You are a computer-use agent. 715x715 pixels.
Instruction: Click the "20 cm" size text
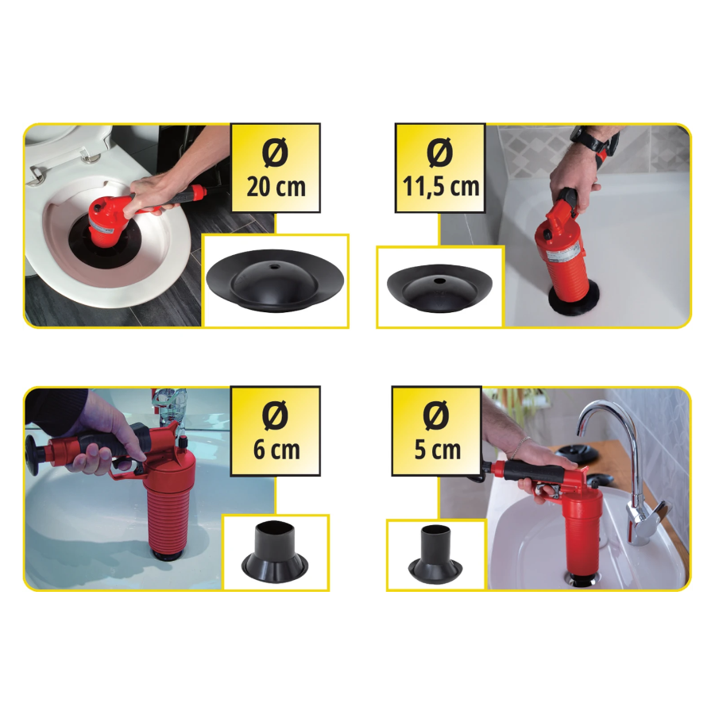click(x=276, y=187)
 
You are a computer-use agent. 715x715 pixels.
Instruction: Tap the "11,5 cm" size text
click(x=440, y=187)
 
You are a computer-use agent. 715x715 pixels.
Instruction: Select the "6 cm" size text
click(x=276, y=450)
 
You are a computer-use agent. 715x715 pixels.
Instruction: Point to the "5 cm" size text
click(x=437, y=450)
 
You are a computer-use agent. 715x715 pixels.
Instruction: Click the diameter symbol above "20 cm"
click(x=275, y=152)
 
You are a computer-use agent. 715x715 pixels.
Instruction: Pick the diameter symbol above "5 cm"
click(x=436, y=415)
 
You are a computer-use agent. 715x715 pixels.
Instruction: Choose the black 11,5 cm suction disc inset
click(x=439, y=288)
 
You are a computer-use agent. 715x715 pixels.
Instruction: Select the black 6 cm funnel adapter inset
click(x=275, y=552)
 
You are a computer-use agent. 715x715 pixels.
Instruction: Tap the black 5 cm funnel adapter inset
click(x=435, y=555)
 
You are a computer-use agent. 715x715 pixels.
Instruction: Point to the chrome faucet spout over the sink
click(x=609, y=427)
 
